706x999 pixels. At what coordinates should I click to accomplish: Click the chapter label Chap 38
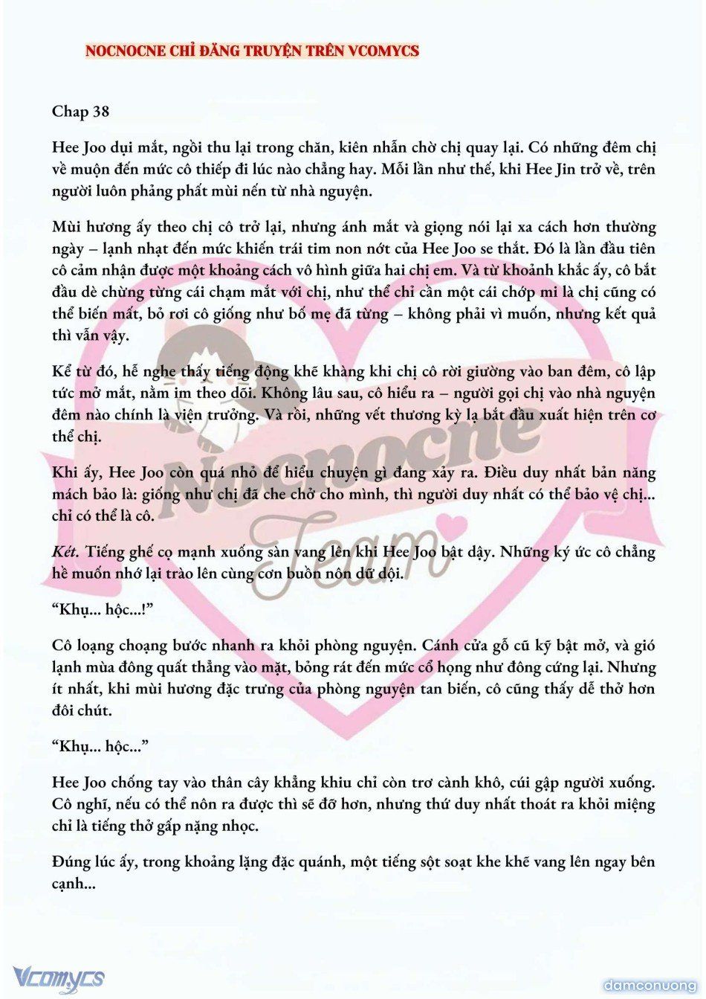point(80,112)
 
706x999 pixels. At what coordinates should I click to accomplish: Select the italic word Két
point(66,552)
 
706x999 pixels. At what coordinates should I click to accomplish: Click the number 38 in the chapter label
point(100,112)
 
